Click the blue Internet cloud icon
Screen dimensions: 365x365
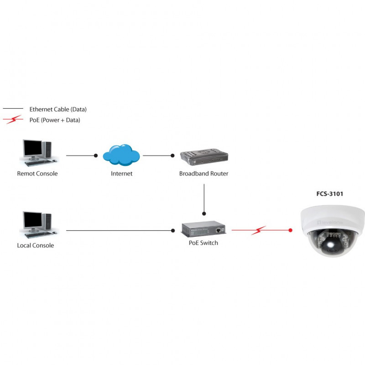click(121, 155)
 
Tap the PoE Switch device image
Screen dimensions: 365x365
click(203, 230)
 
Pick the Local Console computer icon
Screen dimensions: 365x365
click(37, 224)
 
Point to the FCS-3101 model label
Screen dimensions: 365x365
click(329, 194)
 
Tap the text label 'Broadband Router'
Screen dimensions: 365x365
click(203, 174)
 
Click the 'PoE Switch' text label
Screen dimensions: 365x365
click(203, 243)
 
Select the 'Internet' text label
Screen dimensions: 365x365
click(121, 174)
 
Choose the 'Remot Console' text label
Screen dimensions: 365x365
click(37, 174)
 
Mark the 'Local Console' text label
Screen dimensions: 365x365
click(36, 245)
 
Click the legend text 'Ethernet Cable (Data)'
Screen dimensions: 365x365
click(58, 109)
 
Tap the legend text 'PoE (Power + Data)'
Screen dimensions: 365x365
click(55, 120)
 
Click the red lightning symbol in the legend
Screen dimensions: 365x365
click(13, 120)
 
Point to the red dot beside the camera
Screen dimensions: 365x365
click(291, 230)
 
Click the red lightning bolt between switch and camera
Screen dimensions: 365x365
click(259, 230)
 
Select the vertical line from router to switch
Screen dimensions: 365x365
click(204, 198)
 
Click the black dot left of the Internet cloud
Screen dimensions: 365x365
click(96, 156)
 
